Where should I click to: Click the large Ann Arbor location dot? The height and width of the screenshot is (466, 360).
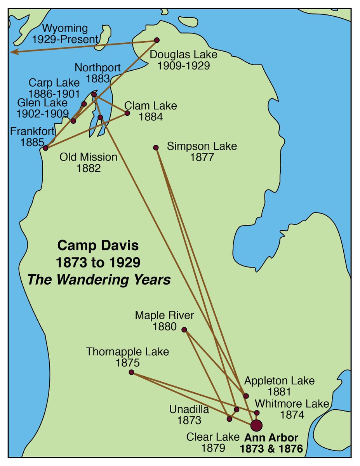[256, 425]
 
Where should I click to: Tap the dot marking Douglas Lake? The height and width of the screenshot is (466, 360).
[157, 40]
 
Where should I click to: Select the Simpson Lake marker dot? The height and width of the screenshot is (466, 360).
[156, 148]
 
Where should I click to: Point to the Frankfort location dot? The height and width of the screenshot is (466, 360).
[46, 148]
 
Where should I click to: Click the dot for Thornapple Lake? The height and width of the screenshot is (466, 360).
[131, 372]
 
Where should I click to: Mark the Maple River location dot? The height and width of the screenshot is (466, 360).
[184, 330]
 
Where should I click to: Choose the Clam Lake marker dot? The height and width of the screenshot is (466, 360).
[127, 113]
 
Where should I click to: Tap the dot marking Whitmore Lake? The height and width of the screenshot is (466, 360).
[257, 413]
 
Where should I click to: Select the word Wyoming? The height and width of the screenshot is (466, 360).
[65, 29]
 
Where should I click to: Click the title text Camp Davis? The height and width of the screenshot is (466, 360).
[98, 245]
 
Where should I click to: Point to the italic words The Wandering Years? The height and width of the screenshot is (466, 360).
[99, 280]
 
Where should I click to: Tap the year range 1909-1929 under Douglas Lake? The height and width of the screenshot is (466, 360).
[183, 66]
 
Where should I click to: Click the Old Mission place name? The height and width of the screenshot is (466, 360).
[88, 157]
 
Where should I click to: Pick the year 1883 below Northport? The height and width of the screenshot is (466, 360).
[98, 78]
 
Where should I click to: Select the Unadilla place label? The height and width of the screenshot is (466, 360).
[189, 409]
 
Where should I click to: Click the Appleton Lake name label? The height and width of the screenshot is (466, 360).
[279, 381]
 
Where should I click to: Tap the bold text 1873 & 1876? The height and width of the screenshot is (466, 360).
[271, 449]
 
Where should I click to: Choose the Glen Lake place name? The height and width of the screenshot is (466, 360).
[42, 103]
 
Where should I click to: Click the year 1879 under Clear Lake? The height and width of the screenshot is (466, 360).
[213, 448]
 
